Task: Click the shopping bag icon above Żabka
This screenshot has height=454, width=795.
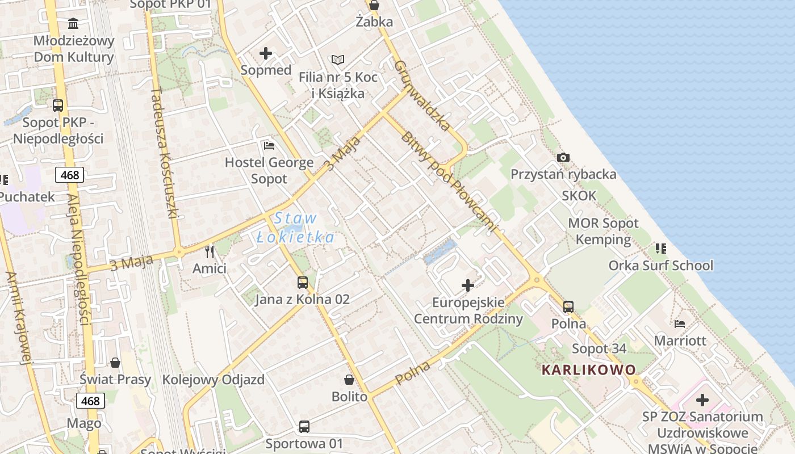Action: [374, 6]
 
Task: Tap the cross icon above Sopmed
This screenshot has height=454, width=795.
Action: [265, 54]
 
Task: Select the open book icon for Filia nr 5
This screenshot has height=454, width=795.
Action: [337, 60]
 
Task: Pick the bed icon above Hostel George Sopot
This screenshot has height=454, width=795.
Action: [269, 146]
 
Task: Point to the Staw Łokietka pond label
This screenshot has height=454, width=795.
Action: [295, 228]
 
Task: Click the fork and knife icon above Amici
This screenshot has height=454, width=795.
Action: [210, 251]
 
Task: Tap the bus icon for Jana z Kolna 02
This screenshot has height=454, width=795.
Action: [303, 282]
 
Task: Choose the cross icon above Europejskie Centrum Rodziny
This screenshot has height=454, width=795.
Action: [468, 285]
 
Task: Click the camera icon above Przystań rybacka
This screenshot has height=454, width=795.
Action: [563, 157]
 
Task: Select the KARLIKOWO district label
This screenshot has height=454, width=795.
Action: [589, 370]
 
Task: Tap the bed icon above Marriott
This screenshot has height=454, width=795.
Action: [680, 324]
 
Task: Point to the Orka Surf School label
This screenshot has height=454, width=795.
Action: [661, 265]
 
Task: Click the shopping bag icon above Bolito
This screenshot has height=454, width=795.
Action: [349, 380]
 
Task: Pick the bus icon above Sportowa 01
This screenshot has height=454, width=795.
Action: [304, 426]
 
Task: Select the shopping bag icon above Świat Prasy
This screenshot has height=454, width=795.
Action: [115, 363]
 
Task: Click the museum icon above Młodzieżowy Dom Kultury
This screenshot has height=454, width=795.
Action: [73, 24]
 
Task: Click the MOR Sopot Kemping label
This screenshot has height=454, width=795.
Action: [603, 231]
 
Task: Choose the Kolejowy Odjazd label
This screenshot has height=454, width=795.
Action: [214, 380]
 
